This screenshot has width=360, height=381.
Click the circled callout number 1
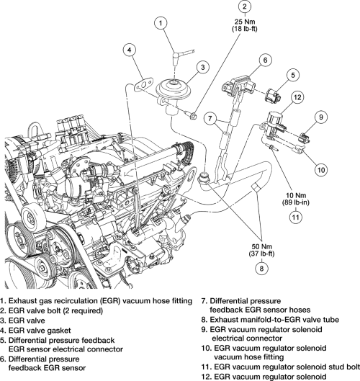(x=161, y=23)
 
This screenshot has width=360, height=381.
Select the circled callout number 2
(x=244, y=6)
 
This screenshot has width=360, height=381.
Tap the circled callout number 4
(x=129, y=50)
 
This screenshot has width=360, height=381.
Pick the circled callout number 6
(x=265, y=60)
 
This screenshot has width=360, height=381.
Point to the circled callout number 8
(x=261, y=268)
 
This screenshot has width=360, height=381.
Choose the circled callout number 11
(x=295, y=217)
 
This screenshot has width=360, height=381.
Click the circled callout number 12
(x=297, y=97)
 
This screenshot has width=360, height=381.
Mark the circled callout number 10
(x=321, y=169)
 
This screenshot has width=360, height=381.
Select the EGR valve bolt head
(x=194, y=116)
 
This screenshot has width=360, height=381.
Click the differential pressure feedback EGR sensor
(x=238, y=86)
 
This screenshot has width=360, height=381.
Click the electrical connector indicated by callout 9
(x=305, y=138)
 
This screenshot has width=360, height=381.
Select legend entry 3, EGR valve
(x=22, y=321)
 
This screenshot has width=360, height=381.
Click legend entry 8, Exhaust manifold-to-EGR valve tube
(x=270, y=320)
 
